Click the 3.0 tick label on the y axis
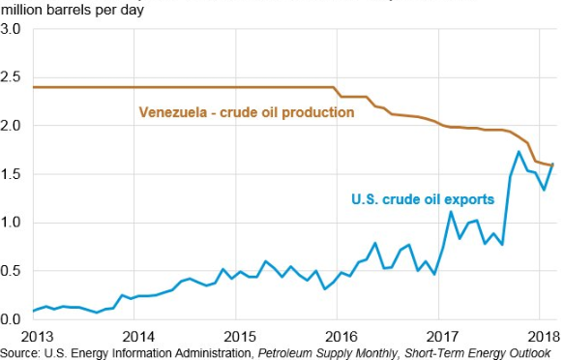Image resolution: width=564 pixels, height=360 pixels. point(11,29)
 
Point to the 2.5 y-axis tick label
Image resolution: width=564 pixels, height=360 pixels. point(11,77)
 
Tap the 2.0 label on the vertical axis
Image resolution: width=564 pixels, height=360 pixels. point(11,126)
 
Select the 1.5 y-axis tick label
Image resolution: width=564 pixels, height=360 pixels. point(11,174)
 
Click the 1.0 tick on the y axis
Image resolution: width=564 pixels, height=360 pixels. point(11,223)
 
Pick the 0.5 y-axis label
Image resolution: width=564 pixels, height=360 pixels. point(11,270)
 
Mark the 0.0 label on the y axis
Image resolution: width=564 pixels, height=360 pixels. point(11,318)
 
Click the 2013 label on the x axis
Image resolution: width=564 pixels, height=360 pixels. point(37,337)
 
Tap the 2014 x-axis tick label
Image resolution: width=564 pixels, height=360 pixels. point(138,337)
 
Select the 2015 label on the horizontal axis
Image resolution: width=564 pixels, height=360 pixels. point(240,337)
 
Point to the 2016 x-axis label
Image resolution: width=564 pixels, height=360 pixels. point(341,337)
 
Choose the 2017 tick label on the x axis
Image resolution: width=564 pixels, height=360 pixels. point(442,337)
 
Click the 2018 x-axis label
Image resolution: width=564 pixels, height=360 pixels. point(544,337)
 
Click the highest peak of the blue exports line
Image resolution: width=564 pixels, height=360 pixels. point(519,151)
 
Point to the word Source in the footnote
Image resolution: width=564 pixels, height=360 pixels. point(20,353)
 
